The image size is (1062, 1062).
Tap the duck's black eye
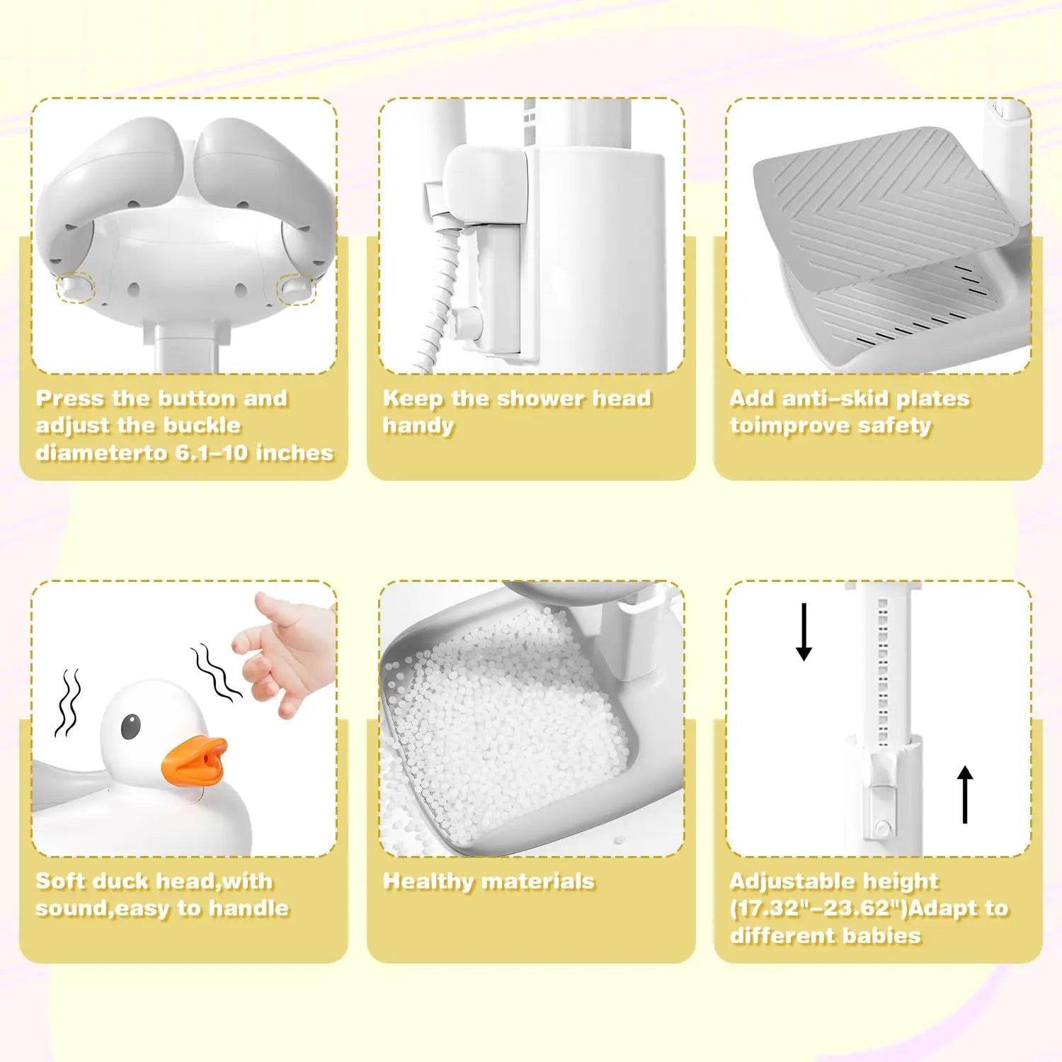pos(130,726)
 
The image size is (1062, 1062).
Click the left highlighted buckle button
pos(76,287)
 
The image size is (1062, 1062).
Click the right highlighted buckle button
pos(295,288)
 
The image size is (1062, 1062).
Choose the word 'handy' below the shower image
pos(418,426)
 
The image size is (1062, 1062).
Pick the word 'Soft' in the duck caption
pos(59,881)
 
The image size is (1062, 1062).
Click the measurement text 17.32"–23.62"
pos(818,909)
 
